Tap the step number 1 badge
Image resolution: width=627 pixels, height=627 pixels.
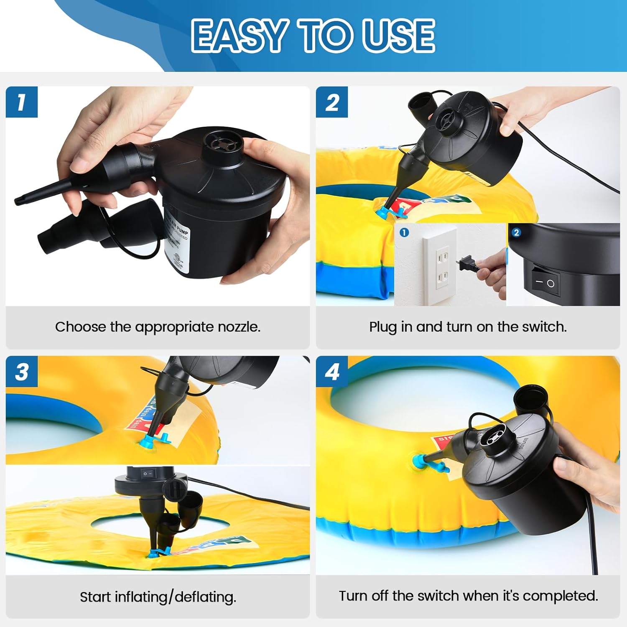pos(22,102)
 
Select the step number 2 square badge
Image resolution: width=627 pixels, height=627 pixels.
pos(332,102)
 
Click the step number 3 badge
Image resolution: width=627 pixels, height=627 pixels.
pos(22,371)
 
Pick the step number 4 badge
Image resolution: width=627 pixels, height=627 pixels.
pos(332,371)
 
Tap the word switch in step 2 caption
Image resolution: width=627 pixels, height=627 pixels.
pos(543,327)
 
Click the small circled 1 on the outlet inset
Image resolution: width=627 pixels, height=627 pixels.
pos(404,232)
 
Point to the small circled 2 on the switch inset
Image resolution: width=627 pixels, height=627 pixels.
pos(516,232)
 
